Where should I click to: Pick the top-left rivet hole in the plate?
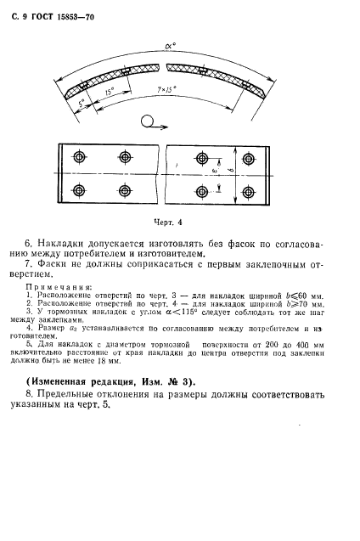pos(79,157)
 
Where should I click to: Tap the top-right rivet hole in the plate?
pos(249,157)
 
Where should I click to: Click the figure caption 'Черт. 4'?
pos(169,223)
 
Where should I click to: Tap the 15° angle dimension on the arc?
pos(108,90)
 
